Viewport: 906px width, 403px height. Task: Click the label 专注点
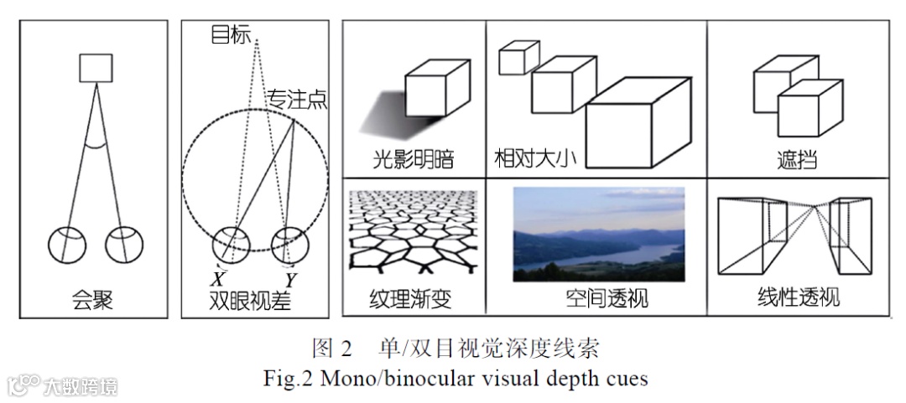[296, 98]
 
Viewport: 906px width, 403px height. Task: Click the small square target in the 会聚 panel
[95, 67]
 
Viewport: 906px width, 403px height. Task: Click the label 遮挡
[797, 158]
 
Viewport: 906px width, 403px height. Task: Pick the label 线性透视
[797, 297]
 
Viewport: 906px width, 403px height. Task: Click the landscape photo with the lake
[598, 233]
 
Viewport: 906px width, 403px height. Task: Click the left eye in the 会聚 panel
[66, 243]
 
